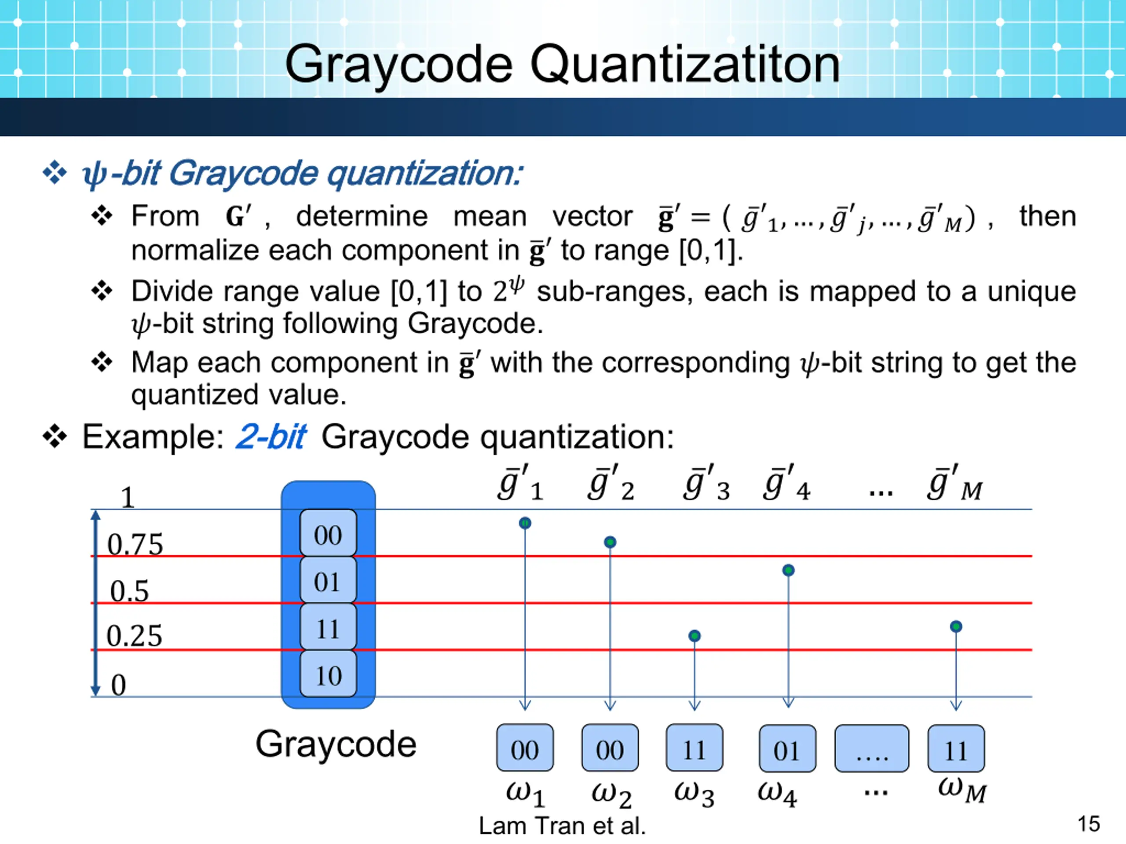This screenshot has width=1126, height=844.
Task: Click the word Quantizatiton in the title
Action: click(x=685, y=65)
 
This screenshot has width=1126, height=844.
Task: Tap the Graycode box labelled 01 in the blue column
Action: click(x=328, y=581)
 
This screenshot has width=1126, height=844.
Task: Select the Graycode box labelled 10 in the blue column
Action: click(x=328, y=675)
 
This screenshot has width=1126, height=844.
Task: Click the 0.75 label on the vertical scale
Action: click(x=135, y=544)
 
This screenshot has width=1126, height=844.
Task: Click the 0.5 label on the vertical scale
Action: click(x=129, y=591)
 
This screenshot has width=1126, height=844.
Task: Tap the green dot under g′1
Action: click(x=525, y=523)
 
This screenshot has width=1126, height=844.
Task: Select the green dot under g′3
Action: click(x=695, y=635)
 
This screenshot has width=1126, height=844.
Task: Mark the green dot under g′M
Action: click(x=956, y=626)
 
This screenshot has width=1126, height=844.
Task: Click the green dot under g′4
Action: click(x=788, y=570)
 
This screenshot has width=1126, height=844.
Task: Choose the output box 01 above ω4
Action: click(x=786, y=749)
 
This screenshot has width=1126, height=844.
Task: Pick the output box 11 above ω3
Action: click(x=695, y=748)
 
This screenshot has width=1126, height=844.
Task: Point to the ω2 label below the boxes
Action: click(x=611, y=795)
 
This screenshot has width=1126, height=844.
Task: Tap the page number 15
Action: click(x=1088, y=824)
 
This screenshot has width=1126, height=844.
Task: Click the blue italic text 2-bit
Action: click(x=271, y=437)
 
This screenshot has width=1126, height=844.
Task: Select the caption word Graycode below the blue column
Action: click(x=336, y=744)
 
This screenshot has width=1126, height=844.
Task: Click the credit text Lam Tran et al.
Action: click(x=562, y=826)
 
